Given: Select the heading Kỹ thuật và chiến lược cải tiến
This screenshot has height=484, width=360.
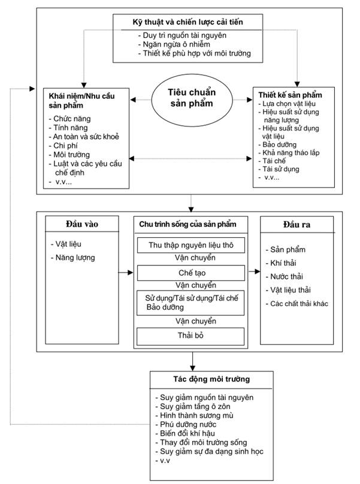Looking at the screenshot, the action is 187,22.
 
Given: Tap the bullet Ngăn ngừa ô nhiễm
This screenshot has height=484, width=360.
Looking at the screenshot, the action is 174,44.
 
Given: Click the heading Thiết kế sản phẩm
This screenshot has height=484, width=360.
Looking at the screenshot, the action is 291,95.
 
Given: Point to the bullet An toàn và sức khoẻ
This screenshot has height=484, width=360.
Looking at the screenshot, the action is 84,137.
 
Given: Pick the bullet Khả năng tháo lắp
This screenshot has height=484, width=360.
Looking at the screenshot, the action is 289,153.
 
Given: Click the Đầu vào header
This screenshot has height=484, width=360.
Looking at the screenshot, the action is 82,224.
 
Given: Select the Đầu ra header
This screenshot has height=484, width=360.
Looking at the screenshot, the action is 297,225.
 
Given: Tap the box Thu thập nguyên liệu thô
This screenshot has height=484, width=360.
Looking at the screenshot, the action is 191,245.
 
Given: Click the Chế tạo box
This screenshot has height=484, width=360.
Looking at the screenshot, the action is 191,273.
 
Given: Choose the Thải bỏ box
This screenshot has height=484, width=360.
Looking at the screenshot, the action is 190,335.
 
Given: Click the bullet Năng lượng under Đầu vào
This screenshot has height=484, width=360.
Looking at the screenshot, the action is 73,258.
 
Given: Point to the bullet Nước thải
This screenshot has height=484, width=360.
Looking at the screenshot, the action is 285,277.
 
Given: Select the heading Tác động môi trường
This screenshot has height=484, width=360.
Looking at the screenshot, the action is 211,379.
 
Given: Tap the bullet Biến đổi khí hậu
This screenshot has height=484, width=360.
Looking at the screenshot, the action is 185,433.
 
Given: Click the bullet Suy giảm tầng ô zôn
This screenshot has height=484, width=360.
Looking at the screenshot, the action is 193,407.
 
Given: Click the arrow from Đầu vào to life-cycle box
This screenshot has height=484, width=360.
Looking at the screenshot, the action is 126,273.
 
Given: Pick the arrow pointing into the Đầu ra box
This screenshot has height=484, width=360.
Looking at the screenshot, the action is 255,271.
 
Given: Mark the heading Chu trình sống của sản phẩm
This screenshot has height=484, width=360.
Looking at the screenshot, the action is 187,225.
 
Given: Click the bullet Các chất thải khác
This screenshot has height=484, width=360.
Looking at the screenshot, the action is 297,304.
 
